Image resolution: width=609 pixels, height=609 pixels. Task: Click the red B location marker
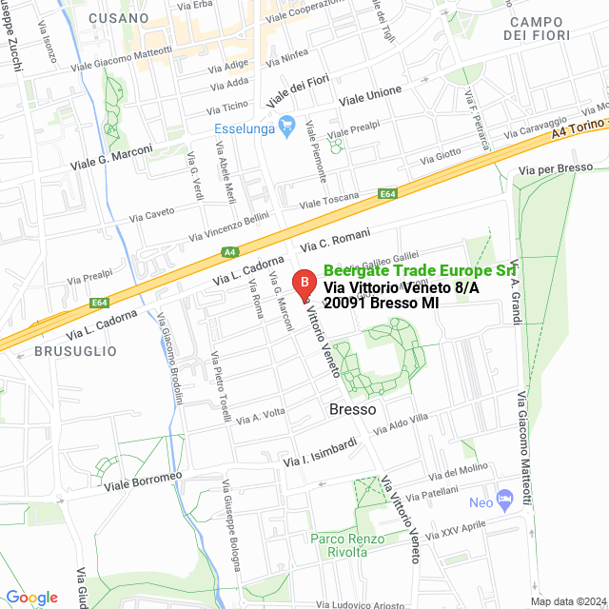(304, 284)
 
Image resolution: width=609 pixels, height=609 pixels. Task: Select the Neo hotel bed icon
(504, 499)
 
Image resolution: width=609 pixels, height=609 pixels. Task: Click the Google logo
(31, 597)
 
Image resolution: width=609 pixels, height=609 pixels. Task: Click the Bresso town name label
(353, 409)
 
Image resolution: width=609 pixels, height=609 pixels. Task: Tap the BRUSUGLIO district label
(75, 351)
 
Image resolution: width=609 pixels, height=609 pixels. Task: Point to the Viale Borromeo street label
(143, 480)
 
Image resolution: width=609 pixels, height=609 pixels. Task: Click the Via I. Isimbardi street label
(320, 452)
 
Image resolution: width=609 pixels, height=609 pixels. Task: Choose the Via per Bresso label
(556, 168)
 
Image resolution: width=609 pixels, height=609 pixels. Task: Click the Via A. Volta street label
(261, 417)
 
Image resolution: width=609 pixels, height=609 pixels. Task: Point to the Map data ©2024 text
(567, 600)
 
